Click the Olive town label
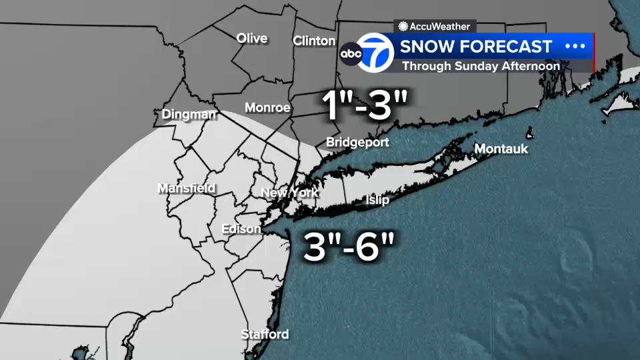coord(252,38)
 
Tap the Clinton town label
coord(314,41)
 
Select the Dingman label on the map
coord(189,115)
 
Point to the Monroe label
coord(267,107)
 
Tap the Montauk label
coord(501,149)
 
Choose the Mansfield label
coord(186,188)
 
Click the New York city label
coord(289,193)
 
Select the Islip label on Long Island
coord(377,200)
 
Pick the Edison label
coord(241,229)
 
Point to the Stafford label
coord(265,334)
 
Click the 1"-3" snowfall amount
coord(365,105)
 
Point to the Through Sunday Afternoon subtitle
coord(481,66)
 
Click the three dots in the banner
coord(575,46)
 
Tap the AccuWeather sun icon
coord(403,27)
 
